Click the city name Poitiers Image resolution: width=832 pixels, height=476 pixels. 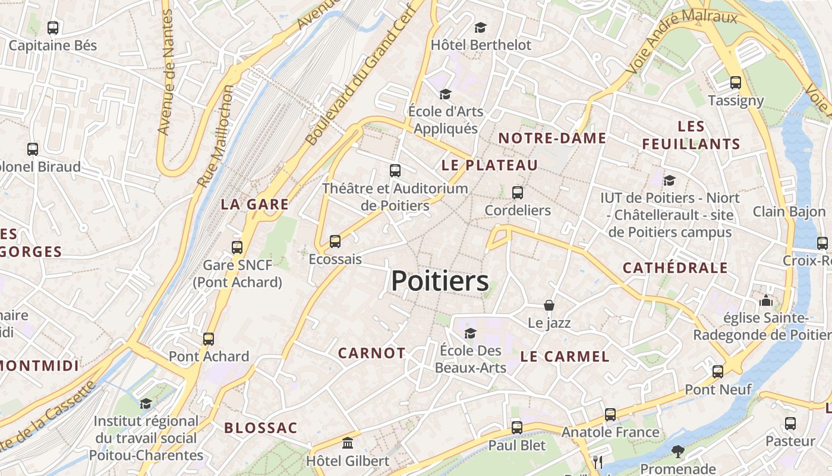point(440,281)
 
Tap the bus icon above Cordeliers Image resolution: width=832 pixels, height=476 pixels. point(518,193)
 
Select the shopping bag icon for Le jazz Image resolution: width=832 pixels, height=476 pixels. point(549,305)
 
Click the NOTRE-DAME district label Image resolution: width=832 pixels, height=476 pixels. point(552,139)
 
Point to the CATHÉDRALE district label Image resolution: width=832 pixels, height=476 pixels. point(675,268)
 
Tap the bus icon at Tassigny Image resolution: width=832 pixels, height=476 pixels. point(736,83)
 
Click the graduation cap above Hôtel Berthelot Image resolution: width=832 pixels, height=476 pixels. point(480,27)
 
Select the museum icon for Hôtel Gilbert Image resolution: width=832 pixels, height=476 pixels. point(348,443)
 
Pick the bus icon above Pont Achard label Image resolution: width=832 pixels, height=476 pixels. point(209,339)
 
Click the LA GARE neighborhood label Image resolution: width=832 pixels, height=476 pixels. point(254,205)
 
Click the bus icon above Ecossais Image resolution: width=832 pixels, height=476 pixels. point(335,242)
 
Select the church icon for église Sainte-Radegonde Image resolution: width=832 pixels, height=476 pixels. point(766,300)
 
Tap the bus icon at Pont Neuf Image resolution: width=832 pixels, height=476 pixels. point(718,372)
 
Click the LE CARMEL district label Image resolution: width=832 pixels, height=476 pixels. point(565,356)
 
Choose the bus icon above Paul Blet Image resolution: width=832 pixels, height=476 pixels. point(517,428)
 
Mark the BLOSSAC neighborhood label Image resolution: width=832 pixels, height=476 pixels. point(260,428)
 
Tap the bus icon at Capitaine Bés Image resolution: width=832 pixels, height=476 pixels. point(53,27)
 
